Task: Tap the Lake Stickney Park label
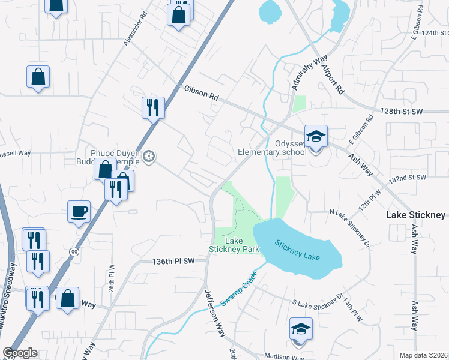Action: point(234,245)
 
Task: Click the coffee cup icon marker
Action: point(79,212)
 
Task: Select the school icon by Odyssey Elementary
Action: point(316,137)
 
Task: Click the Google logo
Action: point(19,353)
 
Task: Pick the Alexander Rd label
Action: point(136,28)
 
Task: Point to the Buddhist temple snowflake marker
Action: point(149,157)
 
